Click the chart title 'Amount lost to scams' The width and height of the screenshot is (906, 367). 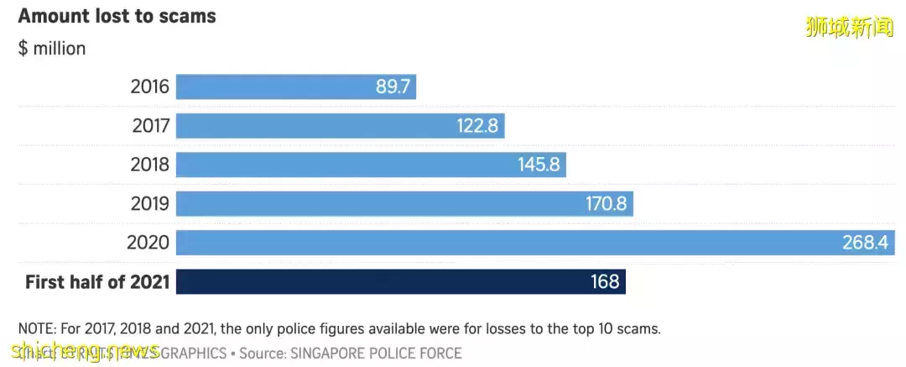tap(117, 16)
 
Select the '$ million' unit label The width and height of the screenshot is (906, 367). tap(52, 49)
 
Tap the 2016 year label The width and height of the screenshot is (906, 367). tap(150, 87)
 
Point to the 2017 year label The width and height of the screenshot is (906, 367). tap(151, 126)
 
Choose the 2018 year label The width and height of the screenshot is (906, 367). tap(150, 165)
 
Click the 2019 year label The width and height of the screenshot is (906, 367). tap(150, 203)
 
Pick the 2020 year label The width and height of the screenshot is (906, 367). tap(148, 243)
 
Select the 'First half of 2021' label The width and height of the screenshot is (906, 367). tap(97, 282)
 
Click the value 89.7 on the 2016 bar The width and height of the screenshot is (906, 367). tap(393, 87)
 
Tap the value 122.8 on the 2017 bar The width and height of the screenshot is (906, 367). tap(478, 126)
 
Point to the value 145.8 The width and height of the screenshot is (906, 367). tap(539, 165)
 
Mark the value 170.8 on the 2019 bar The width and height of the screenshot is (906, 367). tap(607, 203)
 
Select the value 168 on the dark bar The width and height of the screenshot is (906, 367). tap(605, 282)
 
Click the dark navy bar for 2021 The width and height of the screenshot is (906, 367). tap(377, 282)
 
